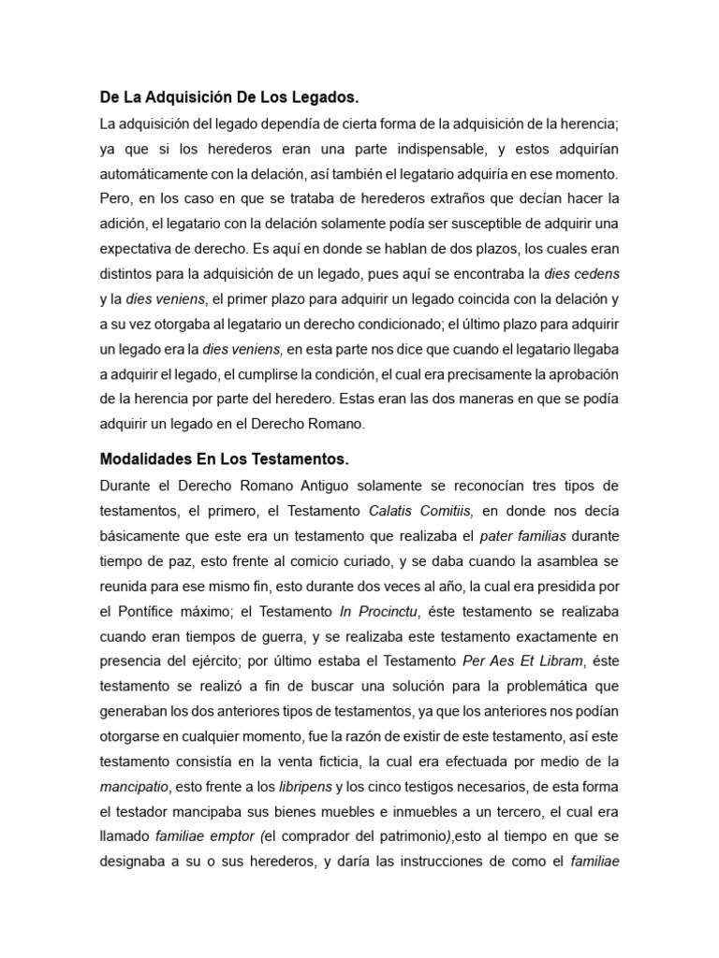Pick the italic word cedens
(601, 274)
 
